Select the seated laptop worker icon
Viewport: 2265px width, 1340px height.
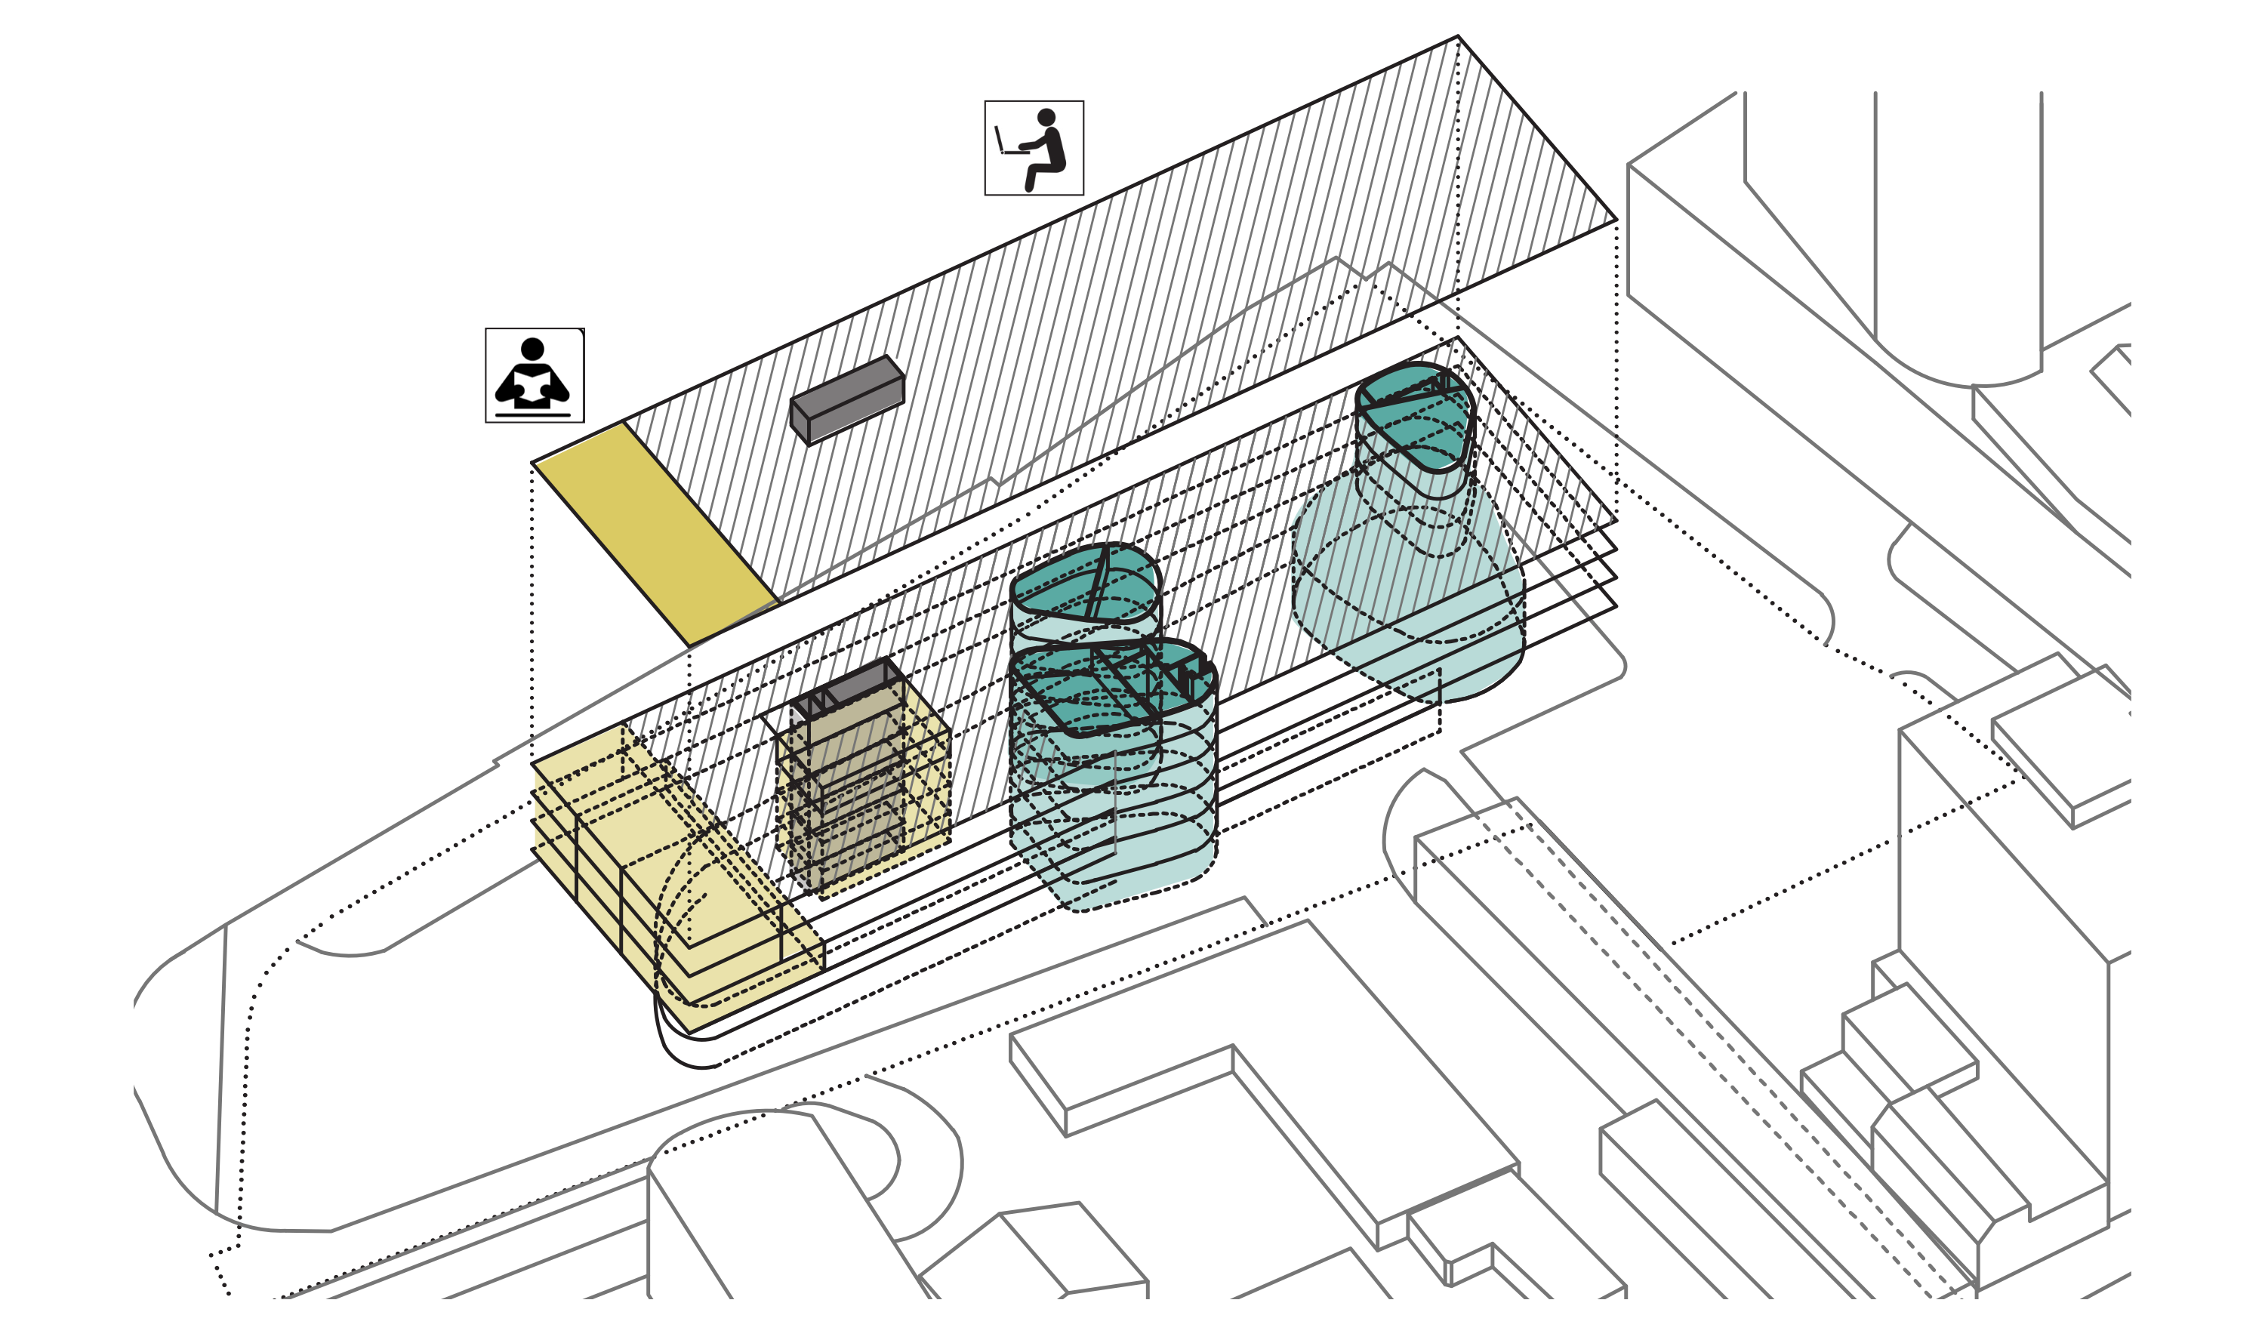click(1034, 147)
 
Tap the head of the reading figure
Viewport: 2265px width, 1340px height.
click(532, 349)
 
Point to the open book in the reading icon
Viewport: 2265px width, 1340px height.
click(532, 387)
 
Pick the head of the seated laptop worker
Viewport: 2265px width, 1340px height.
click(1046, 117)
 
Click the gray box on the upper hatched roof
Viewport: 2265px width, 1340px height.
click(847, 399)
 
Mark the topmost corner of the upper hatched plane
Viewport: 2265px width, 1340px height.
click(1458, 37)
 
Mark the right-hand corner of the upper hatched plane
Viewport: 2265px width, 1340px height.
click(1616, 220)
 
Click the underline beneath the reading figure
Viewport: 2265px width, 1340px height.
click(532, 415)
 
